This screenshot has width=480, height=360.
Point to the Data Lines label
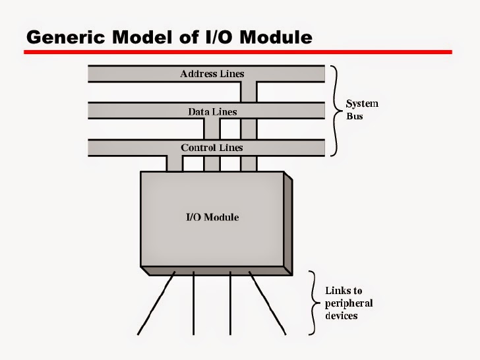[x=212, y=111]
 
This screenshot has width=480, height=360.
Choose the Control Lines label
[x=212, y=148]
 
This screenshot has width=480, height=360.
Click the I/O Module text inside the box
[x=212, y=217]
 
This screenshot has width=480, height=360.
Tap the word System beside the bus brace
[x=363, y=104]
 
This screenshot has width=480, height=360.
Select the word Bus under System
[x=355, y=116]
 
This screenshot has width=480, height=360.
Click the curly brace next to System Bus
[x=335, y=111]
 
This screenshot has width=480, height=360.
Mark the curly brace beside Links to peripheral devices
[x=314, y=303]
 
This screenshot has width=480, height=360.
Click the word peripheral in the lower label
[x=349, y=303]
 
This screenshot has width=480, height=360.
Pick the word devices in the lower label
[x=342, y=315]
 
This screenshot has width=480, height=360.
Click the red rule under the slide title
[x=237, y=51]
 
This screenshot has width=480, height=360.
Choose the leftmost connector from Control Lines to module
[x=174, y=164]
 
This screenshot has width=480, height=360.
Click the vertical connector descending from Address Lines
[x=249, y=125]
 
